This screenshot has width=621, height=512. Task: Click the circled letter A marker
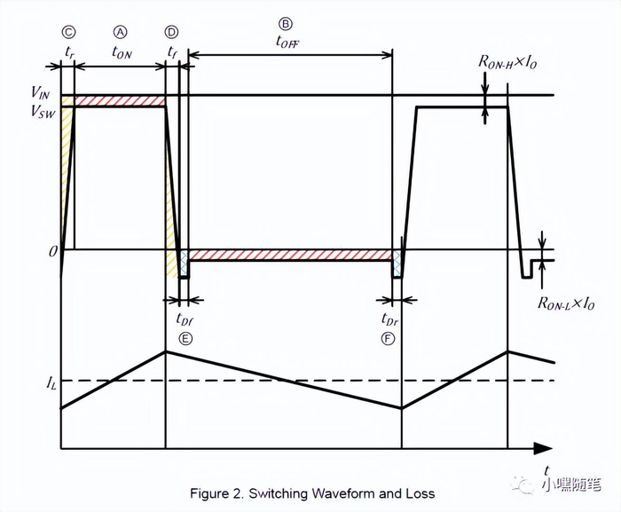(x=122, y=33)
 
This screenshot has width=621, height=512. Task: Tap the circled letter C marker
(x=68, y=33)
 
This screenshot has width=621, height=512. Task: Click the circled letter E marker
(x=185, y=338)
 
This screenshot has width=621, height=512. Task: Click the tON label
(x=122, y=52)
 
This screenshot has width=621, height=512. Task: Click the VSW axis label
(x=41, y=112)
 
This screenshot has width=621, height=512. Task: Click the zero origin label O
(x=52, y=253)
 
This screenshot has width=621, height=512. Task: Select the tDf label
(x=184, y=319)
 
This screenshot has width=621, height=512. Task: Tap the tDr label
(x=389, y=319)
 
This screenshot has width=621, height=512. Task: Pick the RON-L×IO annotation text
(x=565, y=303)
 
